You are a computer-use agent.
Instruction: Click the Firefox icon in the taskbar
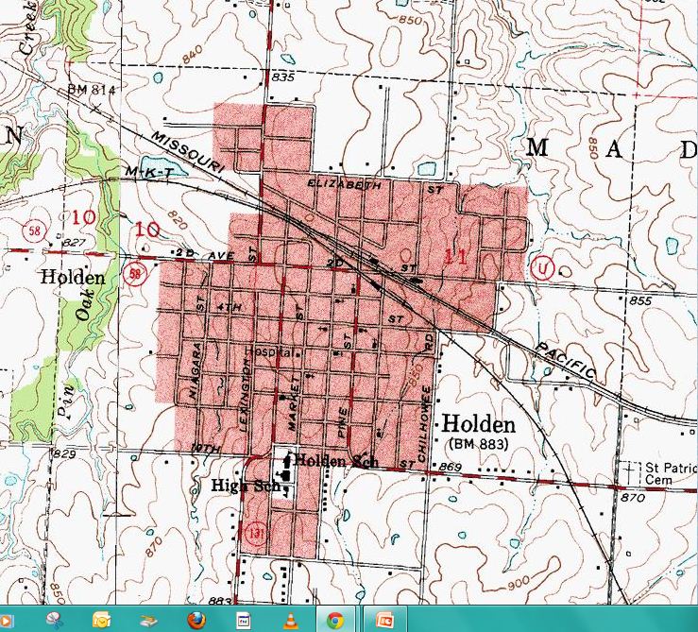point(196,620)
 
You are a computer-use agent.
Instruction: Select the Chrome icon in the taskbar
point(334,620)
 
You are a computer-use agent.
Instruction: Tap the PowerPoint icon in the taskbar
point(384,620)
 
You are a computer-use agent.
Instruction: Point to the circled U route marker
point(541,266)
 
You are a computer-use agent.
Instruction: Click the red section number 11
point(455,254)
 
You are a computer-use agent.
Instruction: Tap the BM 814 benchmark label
point(91,90)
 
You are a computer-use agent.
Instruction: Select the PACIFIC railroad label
point(564,360)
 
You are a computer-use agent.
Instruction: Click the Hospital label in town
point(264,350)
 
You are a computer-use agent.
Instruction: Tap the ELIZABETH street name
point(345,185)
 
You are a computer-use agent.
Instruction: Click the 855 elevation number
point(639,300)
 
